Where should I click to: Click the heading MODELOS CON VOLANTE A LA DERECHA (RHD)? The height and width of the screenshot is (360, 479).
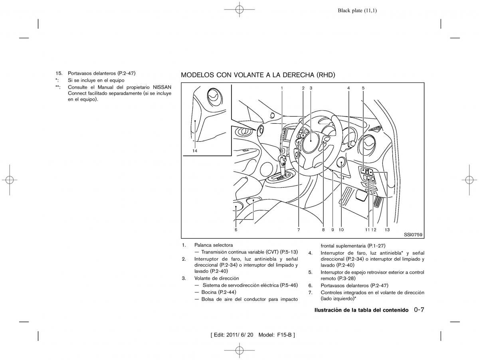click(x=258, y=75)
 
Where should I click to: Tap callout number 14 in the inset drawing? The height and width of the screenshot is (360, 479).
click(x=195, y=151)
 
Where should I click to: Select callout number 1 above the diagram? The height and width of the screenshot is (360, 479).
click(x=282, y=88)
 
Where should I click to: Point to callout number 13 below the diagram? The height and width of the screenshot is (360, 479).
click(x=387, y=229)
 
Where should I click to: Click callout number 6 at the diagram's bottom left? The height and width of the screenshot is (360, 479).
click(x=236, y=229)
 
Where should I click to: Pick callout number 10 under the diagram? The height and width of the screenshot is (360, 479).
click(x=341, y=229)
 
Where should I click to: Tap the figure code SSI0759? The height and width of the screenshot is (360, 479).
click(x=413, y=235)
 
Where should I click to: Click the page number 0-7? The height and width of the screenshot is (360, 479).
click(x=419, y=309)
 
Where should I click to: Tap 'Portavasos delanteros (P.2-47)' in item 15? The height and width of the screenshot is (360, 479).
click(x=102, y=73)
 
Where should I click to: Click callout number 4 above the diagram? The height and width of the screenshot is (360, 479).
click(x=348, y=88)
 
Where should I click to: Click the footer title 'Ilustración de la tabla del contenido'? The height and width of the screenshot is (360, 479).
click(x=361, y=310)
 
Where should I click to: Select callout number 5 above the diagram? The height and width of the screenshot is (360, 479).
click(x=363, y=88)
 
